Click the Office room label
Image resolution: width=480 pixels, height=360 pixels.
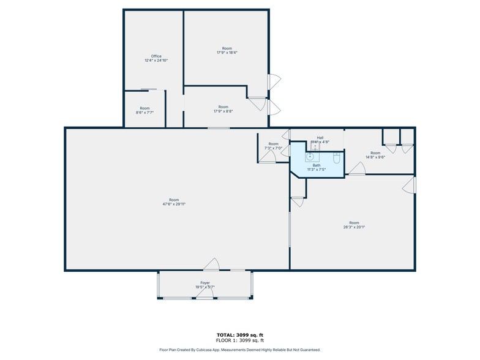tap(156, 58)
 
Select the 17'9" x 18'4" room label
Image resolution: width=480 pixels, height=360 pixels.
tap(227, 50)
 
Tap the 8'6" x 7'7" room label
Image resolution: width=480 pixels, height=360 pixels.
tap(144, 110)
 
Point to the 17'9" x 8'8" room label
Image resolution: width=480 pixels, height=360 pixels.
tap(223, 109)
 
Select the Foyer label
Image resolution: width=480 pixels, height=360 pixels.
tap(204, 284)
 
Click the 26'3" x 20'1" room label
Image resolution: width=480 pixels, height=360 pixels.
tap(354, 225)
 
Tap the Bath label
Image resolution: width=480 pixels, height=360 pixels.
tap(317, 167)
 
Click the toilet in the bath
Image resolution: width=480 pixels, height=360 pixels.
tap(336, 159)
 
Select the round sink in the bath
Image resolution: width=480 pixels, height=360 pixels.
tap(310, 156)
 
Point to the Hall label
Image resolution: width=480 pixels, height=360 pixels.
tap(320, 140)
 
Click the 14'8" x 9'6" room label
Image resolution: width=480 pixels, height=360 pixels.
tap(375, 155)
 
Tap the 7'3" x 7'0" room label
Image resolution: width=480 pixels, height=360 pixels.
tap(273, 146)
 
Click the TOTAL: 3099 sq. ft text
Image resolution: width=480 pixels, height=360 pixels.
tap(239, 334)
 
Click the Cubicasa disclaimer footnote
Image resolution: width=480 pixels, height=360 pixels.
tap(239, 350)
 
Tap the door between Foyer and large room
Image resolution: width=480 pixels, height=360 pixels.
tap(211, 264)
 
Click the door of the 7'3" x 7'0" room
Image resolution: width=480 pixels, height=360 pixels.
tap(266, 157)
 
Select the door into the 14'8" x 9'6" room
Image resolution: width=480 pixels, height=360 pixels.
tap(357, 169)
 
